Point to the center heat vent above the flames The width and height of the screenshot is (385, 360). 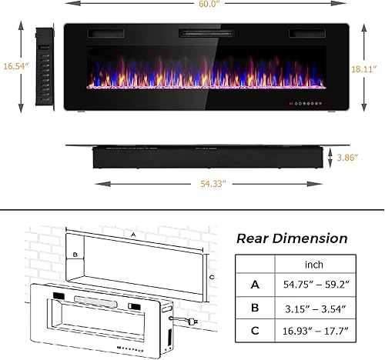[206, 34]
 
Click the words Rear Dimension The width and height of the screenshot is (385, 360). [291, 238]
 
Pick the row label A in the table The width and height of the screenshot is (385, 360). [255, 284]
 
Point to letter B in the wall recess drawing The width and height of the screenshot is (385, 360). [75, 253]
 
